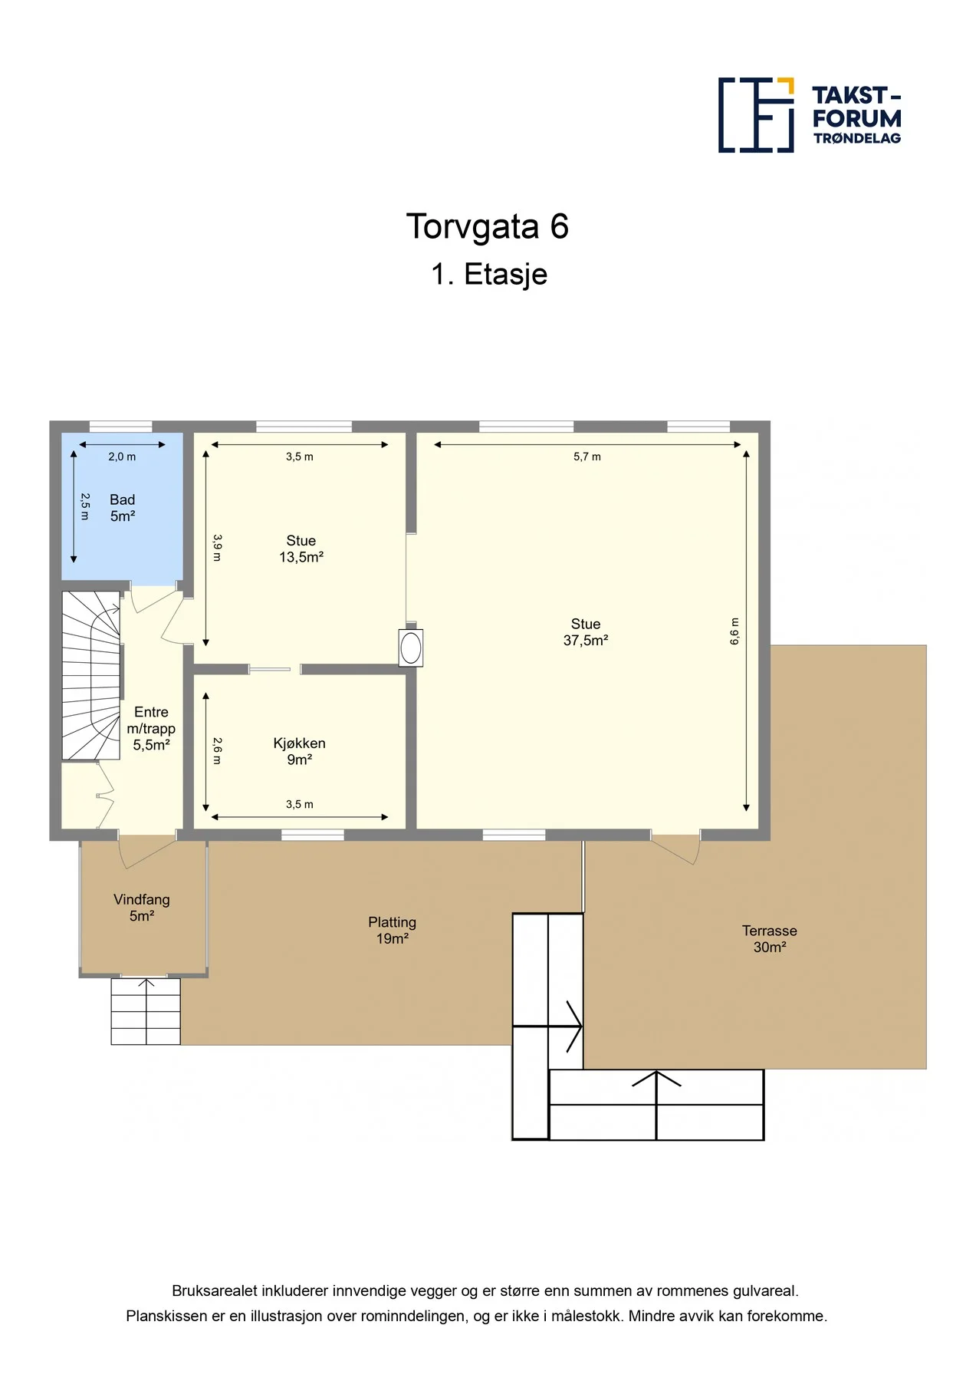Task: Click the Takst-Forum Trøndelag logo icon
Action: click(756, 115)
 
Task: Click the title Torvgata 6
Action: click(487, 226)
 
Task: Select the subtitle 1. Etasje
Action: click(489, 275)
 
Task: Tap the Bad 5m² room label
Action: click(123, 508)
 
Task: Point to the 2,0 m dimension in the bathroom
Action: click(122, 456)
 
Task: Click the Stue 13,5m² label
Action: click(301, 549)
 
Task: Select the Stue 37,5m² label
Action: click(586, 632)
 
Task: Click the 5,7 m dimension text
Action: click(587, 456)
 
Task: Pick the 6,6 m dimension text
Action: click(734, 631)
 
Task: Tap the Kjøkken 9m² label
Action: click(300, 751)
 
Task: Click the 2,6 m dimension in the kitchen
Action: click(217, 751)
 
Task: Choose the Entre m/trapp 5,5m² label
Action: click(151, 728)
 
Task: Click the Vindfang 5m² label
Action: click(142, 908)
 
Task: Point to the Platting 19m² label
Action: click(392, 930)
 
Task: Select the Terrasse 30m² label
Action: click(770, 938)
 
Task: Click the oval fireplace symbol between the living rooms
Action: click(411, 648)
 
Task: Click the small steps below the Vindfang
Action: click(146, 1011)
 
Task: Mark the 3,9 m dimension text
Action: click(217, 548)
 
